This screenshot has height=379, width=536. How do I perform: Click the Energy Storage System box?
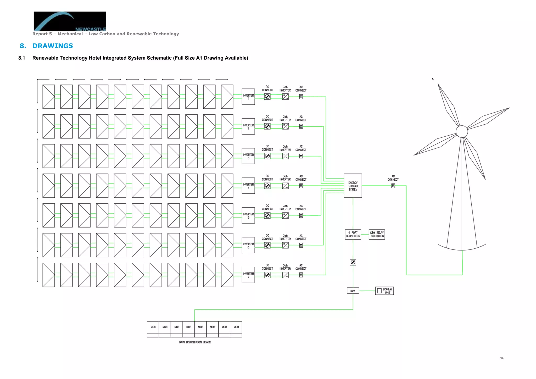point(353,186)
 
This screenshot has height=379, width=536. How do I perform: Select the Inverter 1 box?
point(248,97)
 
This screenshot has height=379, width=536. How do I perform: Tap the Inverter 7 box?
point(248,275)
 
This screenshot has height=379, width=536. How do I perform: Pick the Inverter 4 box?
point(248,186)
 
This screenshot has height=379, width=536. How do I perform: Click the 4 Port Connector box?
point(353,234)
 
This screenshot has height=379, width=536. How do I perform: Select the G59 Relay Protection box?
point(377,234)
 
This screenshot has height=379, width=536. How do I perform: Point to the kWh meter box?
point(353,291)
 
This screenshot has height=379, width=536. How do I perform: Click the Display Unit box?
point(384,291)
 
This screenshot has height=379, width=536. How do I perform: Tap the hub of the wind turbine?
point(462,131)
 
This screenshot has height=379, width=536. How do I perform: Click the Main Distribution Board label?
point(195,342)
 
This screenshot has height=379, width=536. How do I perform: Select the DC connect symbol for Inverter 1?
point(267,97)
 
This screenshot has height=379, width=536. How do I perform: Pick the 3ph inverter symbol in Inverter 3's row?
point(285,156)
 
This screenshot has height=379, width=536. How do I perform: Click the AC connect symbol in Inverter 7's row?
point(301,275)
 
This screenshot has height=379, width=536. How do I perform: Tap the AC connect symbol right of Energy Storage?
point(393,186)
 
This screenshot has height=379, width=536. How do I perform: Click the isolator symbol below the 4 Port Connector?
point(353,262)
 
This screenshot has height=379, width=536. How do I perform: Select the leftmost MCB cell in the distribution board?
point(153,327)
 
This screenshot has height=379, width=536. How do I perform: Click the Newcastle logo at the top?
point(70,21)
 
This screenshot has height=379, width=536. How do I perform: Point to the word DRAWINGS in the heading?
point(53,46)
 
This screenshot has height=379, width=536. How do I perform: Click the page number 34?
point(501,358)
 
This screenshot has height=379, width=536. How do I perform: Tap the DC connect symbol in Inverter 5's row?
point(267,215)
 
